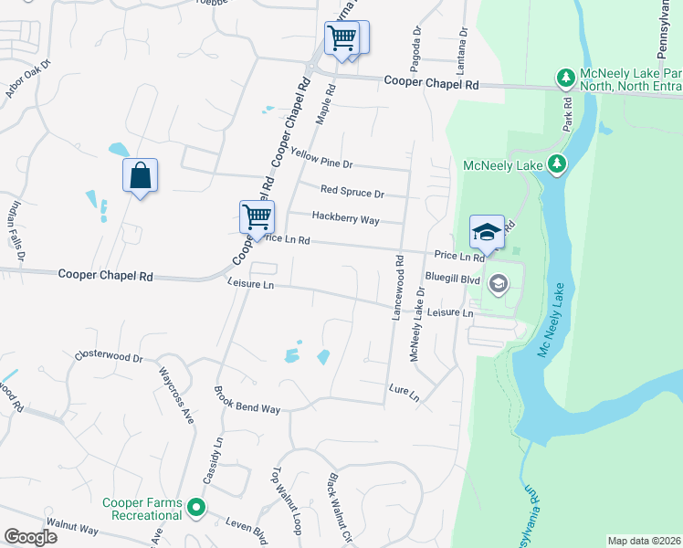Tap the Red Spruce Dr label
pos(352,193)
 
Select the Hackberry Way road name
pos(345,217)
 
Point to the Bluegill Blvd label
pos(452,279)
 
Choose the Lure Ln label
pos(403,393)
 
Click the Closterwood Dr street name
pos(109,355)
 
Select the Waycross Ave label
pos(176,395)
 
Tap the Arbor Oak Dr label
pos(29,79)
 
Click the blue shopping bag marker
pos(141,175)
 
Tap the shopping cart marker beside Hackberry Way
pos(257,216)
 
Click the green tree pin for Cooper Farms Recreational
pos(195,505)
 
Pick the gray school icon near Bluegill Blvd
pos(498,284)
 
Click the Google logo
pos(30,537)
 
